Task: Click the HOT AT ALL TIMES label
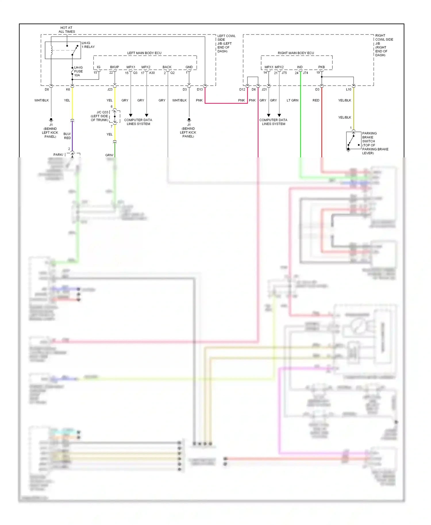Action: [67, 30]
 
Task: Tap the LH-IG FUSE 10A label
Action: [78, 72]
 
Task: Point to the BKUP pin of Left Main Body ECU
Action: [114, 67]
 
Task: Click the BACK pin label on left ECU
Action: [167, 67]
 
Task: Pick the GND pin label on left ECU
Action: [189, 67]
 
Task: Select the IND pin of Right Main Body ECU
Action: [300, 67]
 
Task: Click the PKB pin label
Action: [322, 67]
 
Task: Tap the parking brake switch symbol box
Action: [353, 140]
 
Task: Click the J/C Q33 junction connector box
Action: [115, 116]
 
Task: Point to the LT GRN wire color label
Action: [293, 101]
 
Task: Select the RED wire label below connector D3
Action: [316, 101]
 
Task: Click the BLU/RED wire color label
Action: [67, 136]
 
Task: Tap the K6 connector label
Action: [68, 90]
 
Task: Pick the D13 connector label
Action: [200, 90]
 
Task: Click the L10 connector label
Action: [349, 90]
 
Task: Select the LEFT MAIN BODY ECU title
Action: [144, 53]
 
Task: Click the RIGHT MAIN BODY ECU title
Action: [296, 53]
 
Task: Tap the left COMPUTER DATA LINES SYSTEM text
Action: [138, 122]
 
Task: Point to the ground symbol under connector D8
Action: [51, 119]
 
